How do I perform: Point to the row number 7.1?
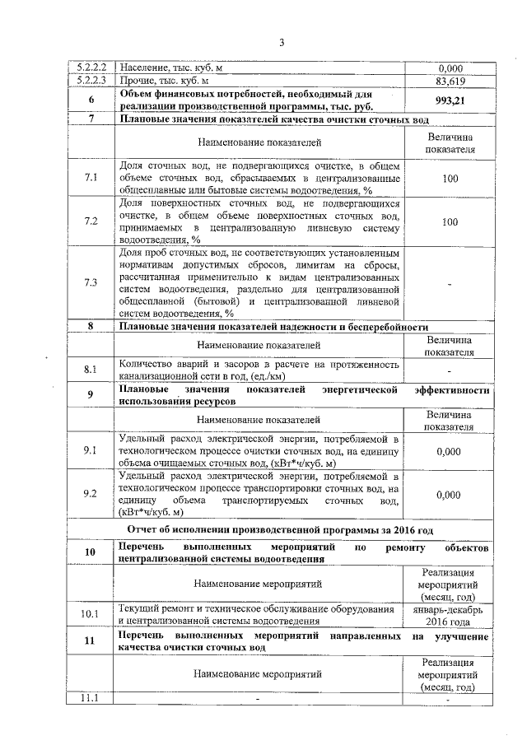(x=91, y=178)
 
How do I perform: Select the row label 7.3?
(x=91, y=282)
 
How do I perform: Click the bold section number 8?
(x=91, y=327)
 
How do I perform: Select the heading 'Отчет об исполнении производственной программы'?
(x=280, y=529)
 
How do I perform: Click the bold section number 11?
(x=91, y=642)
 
